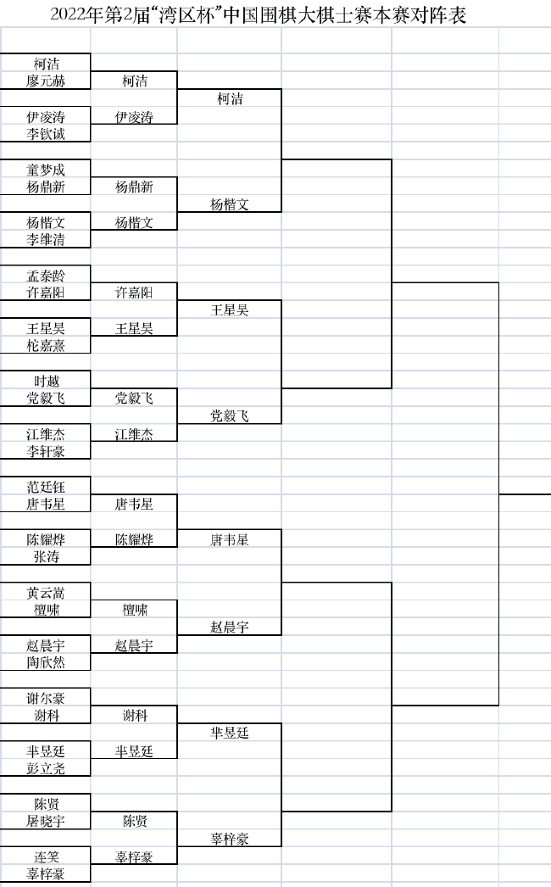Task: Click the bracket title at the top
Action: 258,14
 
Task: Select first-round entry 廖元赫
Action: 46,81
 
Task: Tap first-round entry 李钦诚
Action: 46,134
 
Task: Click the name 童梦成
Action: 46,170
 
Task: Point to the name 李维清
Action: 46,240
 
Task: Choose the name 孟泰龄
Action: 46,276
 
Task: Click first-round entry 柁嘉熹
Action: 46,345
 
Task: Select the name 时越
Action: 46,382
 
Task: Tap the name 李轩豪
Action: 46,451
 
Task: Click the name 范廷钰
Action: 46,487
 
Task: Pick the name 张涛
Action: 46,557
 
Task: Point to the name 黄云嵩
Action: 46,593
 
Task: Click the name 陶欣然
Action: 46,662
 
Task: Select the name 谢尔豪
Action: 46,699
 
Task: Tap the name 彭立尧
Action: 46,768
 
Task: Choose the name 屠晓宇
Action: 46,821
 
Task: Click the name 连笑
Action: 46,857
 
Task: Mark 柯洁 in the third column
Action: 230,99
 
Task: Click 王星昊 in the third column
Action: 230,310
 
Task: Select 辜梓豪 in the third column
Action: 230,839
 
